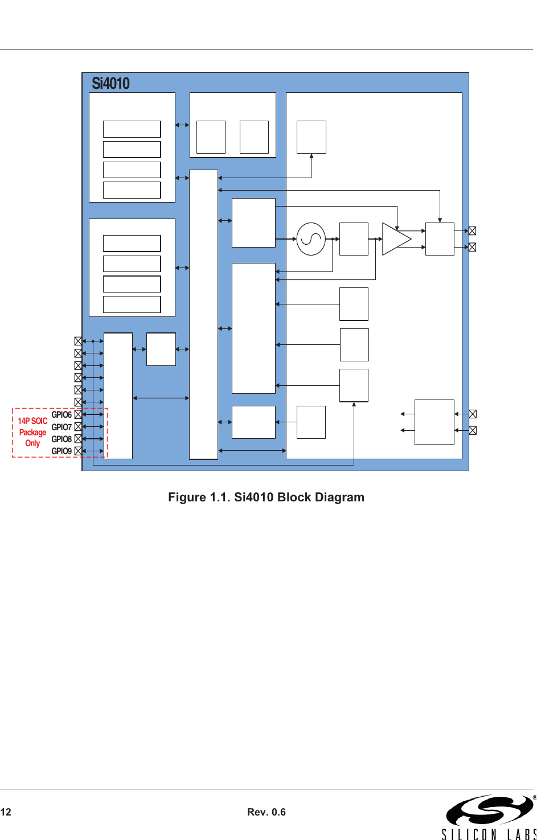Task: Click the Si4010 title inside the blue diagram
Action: pyautogui.click(x=110, y=83)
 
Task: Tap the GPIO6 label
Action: pyautogui.click(x=62, y=414)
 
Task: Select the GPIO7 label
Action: pyautogui.click(x=62, y=427)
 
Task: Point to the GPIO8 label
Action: pyautogui.click(x=62, y=439)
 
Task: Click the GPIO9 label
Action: pyautogui.click(x=62, y=451)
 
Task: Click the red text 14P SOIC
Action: pyautogui.click(x=32, y=421)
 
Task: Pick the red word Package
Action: pyautogui.click(x=32, y=432)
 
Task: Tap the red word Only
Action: pyautogui.click(x=32, y=443)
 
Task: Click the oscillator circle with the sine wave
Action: pyautogui.click(x=311, y=239)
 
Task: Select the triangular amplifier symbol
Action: pyautogui.click(x=396, y=239)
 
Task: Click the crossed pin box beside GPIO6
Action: pyautogui.click(x=78, y=414)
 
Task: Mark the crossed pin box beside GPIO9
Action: pyautogui.click(x=78, y=451)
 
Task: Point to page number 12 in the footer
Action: pyautogui.click(x=6, y=812)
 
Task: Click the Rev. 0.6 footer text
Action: pyautogui.click(x=266, y=812)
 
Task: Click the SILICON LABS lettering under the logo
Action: pyautogui.click(x=489, y=834)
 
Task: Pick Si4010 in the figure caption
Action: pyautogui.click(x=253, y=497)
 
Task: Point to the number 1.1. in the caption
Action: pyautogui.click(x=220, y=497)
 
